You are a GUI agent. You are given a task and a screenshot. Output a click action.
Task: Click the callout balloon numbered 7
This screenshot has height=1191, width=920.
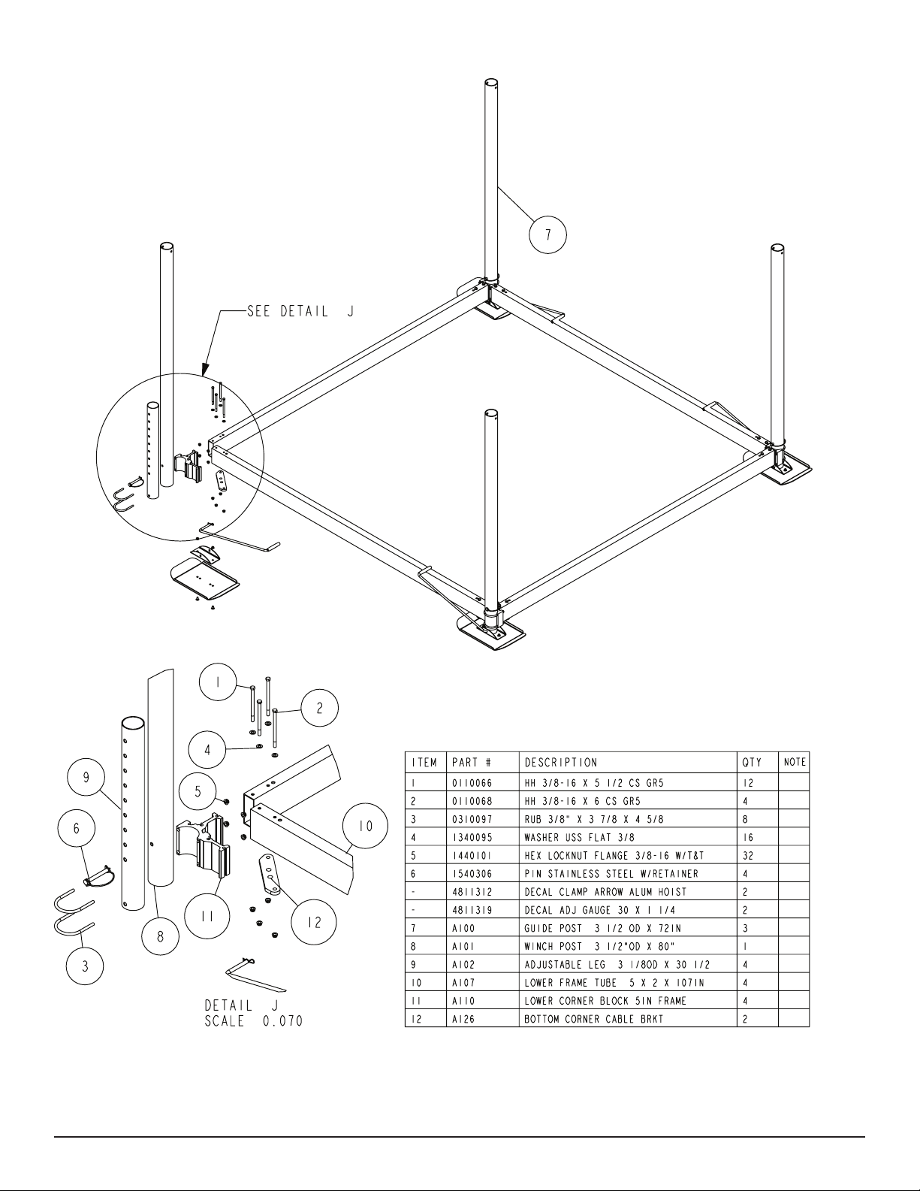tap(547, 234)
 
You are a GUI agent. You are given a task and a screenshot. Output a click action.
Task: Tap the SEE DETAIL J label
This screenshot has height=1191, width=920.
tap(300, 312)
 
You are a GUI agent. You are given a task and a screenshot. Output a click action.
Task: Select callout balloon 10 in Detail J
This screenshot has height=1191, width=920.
tap(365, 826)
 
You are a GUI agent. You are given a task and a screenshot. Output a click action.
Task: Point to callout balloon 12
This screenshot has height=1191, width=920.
tap(314, 923)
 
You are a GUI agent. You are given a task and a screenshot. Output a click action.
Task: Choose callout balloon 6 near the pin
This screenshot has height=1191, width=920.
tap(76, 828)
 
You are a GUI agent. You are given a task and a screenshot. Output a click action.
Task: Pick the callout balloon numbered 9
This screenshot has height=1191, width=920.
tap(86, 778)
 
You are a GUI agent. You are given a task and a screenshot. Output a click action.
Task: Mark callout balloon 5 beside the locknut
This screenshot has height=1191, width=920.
tap(198, 791)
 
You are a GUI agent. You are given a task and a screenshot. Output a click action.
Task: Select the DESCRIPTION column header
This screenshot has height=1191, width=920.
tap(561, 763)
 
